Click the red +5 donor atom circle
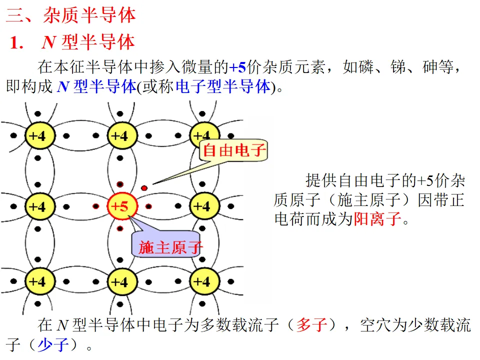pyautogui.click(x=120, y=206)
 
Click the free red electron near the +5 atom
pyautogui.click(x=144, y=188)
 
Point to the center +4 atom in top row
pyautogui.click(x=120, y=135)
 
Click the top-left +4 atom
pyautogui.click(x=37, y=135)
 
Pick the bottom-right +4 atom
pyautogui.click(x=202, y=281)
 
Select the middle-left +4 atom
pyautogui.click(x=37, y=206)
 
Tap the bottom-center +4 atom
pyautogui.click(x=120, y=281)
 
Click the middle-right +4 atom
pyautogui.click(x=202, y=206)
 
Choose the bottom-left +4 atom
pyautogui.click(x=37, y=281)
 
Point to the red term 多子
pyautogui.click(x=312, y=326)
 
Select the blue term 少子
pyautogui.click(x=53, y=344)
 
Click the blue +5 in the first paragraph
pyautogui.click(x=238, y=67)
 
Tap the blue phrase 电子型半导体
pyautogui.click(x=223, y=86)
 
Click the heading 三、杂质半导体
pyautogui.click(x=70, y=15)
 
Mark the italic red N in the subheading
pyautogui.click(x=48, y=42)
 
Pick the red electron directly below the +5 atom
pyautogui.click(x=120, y=228)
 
